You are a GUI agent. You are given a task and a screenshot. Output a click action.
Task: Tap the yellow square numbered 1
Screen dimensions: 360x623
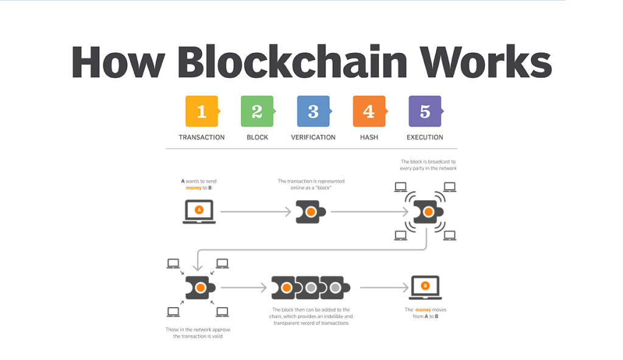201,111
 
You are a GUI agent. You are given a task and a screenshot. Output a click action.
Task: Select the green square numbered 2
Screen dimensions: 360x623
257,111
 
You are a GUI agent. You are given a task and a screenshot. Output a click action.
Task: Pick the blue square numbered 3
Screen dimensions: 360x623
313,111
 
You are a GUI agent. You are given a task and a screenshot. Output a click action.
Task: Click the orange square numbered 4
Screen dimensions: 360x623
369,111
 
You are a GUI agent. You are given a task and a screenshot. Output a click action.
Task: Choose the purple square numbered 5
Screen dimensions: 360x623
425,111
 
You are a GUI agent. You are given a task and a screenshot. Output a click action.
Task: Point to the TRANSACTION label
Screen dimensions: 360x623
201,137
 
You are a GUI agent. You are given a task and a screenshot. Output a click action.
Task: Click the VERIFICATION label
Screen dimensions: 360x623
313,137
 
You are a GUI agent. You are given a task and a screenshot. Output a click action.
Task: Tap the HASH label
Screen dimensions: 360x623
369,137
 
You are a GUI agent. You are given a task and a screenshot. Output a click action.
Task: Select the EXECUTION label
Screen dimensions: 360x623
425,137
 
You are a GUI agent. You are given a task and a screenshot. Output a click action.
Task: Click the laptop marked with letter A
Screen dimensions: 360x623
198,212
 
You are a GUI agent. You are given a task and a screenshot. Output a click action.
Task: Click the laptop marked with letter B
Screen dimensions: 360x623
425,287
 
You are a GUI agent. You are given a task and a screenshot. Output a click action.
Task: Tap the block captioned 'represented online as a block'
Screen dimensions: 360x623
311,212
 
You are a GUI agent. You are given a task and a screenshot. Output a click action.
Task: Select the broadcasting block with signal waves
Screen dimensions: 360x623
428,212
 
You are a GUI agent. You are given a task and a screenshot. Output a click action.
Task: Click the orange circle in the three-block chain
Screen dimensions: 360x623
285,287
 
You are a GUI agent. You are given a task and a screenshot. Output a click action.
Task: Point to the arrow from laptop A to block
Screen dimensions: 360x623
256,212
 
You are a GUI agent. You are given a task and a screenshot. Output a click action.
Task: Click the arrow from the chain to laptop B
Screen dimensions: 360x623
383,287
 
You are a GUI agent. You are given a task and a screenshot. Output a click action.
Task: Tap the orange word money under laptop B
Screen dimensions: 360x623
423,310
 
